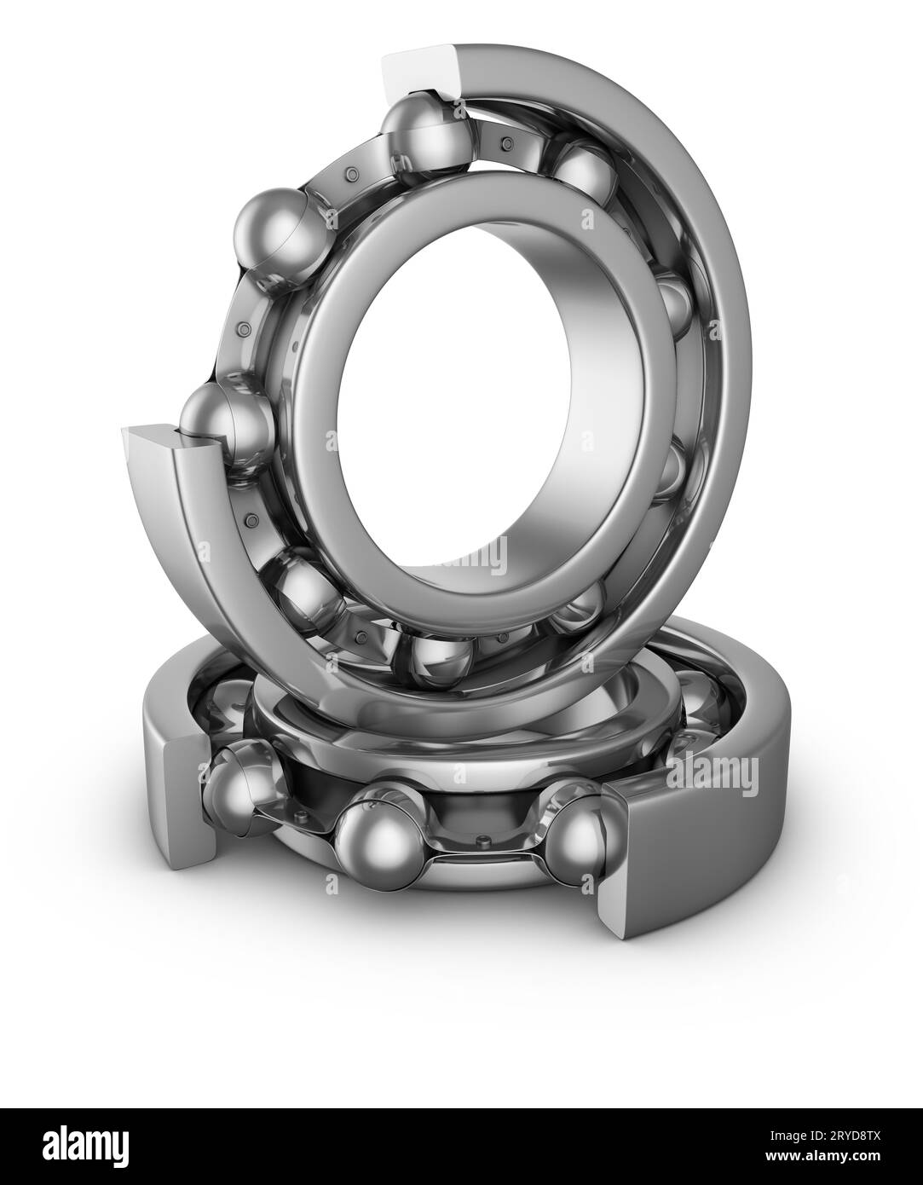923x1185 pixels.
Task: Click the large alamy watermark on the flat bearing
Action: pyautogui.click(x=712, y=775)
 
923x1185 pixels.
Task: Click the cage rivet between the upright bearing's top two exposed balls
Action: pyautogui.click(x=350, y=176)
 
